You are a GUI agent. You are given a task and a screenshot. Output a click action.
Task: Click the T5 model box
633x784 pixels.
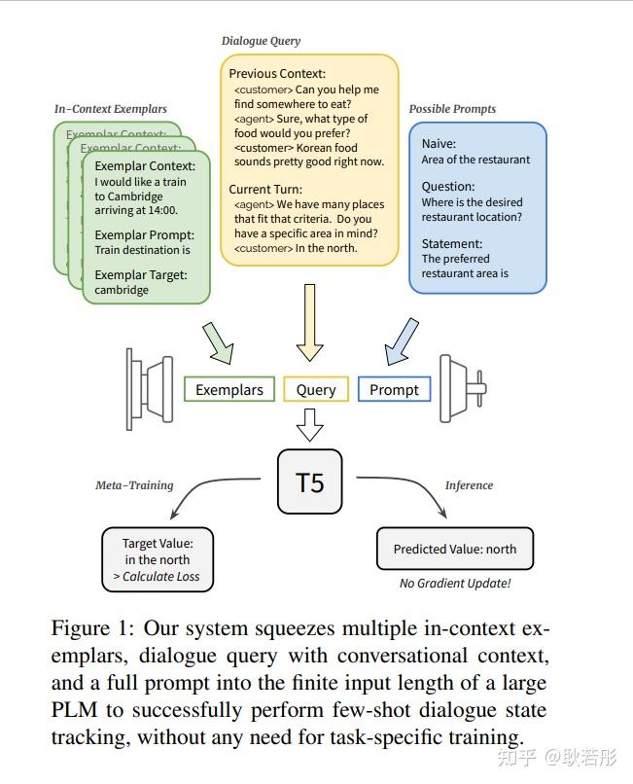(x=309, y=481)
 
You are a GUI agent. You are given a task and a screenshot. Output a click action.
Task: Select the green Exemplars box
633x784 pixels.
(x=229, y=389)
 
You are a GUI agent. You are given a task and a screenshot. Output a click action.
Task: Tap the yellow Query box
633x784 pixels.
(x=315, y=389)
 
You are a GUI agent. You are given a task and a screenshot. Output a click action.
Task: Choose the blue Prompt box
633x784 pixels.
(x=394, y=389)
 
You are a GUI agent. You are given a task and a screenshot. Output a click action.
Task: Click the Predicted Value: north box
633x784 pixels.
(x=454, y=549)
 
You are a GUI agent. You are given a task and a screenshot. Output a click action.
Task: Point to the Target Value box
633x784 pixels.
(x=158, y=559)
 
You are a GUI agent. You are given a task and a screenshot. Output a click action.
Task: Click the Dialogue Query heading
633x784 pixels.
(x=261, y=41)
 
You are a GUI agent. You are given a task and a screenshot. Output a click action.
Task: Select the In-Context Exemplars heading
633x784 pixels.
(x=110, y=109)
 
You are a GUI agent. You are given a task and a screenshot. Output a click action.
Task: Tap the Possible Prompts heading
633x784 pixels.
(x=452, y=109)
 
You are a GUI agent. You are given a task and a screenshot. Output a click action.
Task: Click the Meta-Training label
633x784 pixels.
(x=134, y=485)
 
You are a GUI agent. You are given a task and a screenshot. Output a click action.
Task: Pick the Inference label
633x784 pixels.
(x=469, y=485)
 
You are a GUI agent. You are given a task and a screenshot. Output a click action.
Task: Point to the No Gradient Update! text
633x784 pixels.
(x=454, y=584)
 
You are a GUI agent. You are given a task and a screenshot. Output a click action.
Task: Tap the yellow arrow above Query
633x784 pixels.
(x=309, y=320)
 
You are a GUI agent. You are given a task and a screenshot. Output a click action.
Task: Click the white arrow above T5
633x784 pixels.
(x=309, y=424)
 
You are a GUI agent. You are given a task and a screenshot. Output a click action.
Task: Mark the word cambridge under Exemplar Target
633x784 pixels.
(x=122, y=290)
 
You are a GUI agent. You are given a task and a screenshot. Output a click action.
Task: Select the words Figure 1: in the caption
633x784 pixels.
(x=89, y=629)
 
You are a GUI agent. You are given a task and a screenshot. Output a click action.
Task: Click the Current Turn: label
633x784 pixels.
(x=265, y=189)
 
